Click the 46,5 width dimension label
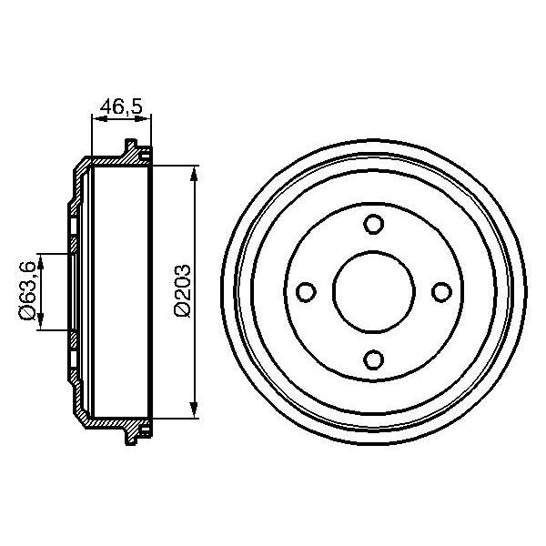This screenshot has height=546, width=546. (122, 106)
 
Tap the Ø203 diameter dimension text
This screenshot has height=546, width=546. (182, 290)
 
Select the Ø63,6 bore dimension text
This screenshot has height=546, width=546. (28, 289)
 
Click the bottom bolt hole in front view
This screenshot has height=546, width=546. (373, 359)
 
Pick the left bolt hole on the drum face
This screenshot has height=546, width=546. (306, 291)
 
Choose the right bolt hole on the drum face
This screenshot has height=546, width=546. (440, 291)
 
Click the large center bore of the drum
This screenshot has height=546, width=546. (373, 291)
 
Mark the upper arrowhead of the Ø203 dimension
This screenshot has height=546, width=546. (193, 176)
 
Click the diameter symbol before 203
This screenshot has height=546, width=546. (182, 310)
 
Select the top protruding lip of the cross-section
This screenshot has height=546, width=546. (131, 146)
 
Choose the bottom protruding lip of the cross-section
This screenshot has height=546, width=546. (131, 438)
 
